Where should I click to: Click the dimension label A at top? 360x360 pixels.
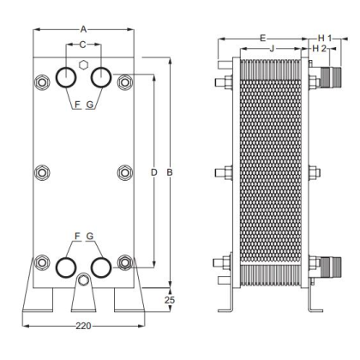point(83,29)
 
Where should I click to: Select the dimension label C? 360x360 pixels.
point(82,45)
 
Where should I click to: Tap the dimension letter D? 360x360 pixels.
point(154,172)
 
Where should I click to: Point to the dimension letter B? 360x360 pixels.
point(170,172)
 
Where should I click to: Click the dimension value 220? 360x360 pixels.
point(83,326)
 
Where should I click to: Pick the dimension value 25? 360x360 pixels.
point(170,300)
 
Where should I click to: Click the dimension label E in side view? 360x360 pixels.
point(263,38)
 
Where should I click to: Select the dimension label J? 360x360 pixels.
point(272,49)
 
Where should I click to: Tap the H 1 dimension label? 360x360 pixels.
point(325,38)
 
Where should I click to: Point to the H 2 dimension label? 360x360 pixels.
point(319,49)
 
